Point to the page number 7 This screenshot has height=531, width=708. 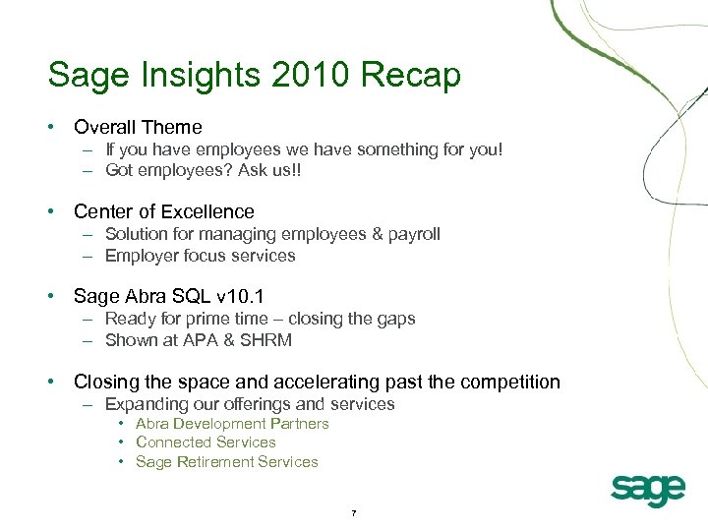(x=353, y=513)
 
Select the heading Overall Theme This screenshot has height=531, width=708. (x=138, y=127)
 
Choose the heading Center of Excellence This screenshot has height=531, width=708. (x=163, y=211)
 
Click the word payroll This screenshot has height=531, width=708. (x=415, y=234)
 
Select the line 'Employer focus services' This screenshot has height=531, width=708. (x=200, y=256)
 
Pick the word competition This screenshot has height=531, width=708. (x=501, y=382)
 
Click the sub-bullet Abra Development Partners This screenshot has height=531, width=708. (x=232, y=424)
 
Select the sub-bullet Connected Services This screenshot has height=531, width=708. (x=206, y=442)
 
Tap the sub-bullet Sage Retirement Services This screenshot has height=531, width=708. (x=226, y=461)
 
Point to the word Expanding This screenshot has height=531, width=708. (x=144, y=404)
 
